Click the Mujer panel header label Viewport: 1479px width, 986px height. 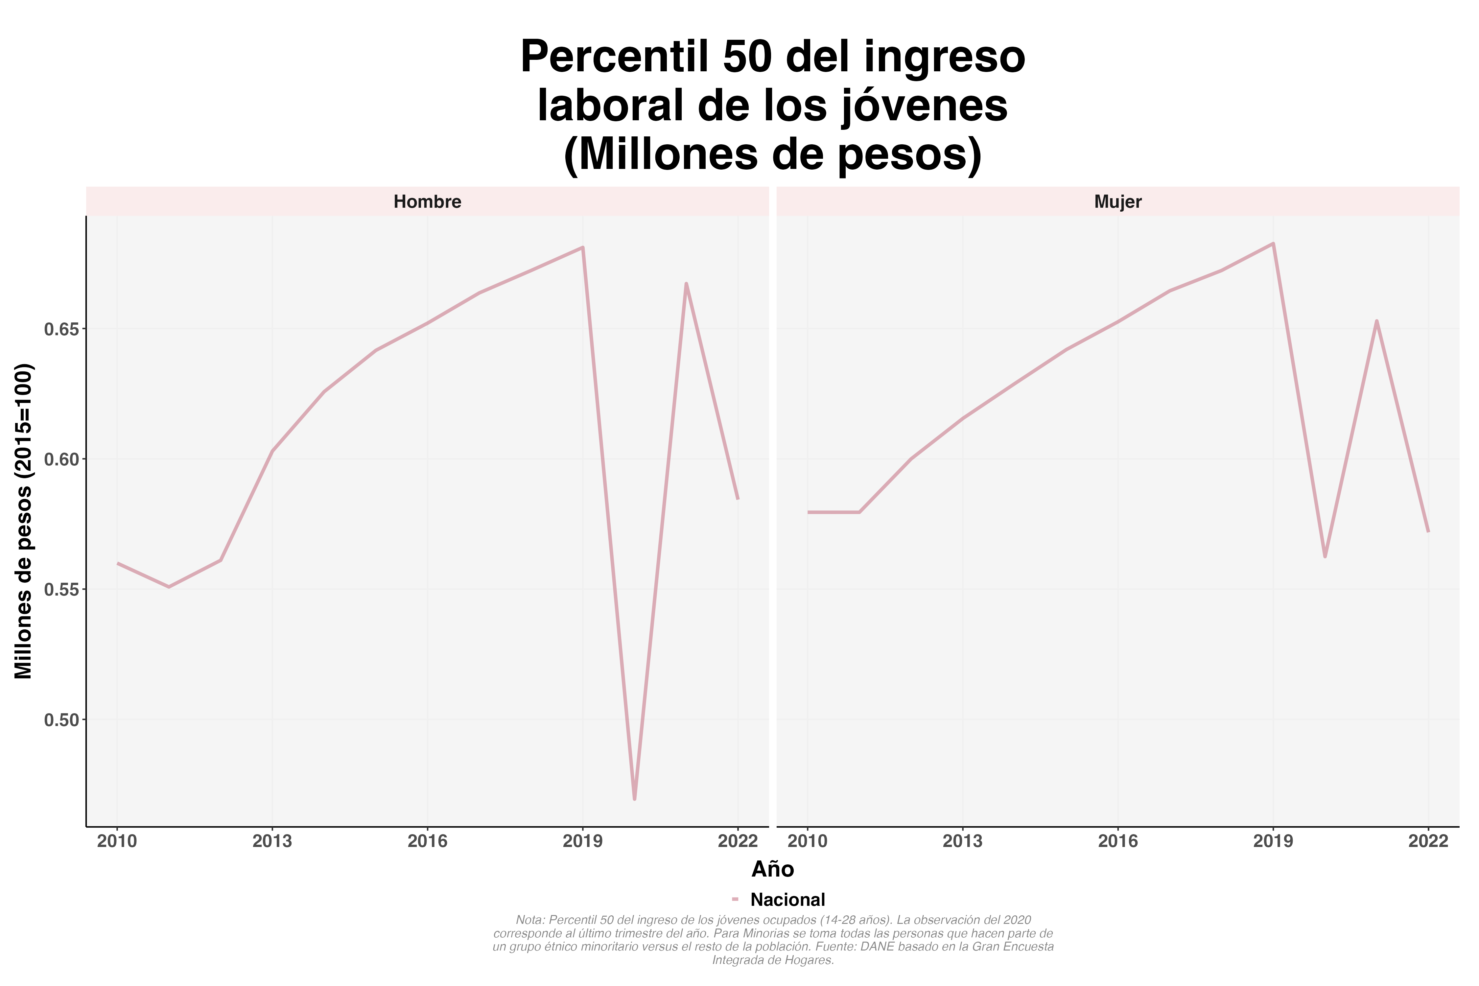coord(1117,202)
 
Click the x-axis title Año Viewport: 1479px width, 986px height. coord(773,870)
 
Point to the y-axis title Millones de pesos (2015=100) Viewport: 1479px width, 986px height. coord(24,521)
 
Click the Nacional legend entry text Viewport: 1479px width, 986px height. coord(787,900)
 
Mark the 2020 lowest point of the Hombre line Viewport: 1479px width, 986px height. coord(634,799)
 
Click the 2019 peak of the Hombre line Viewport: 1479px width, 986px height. coord(583,248)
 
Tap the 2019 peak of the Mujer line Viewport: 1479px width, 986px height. coord(1273,243)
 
